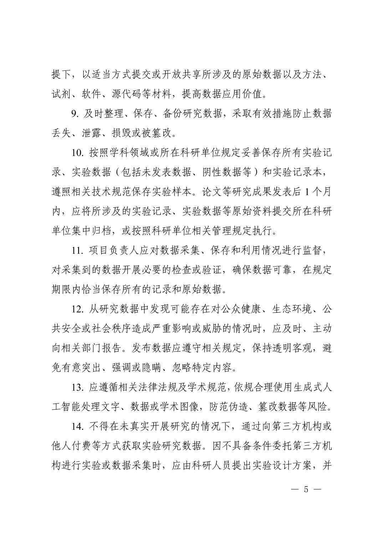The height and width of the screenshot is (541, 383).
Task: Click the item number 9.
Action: (x=75, y=114)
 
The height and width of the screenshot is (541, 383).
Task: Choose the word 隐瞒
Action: (x=151, y=367)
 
